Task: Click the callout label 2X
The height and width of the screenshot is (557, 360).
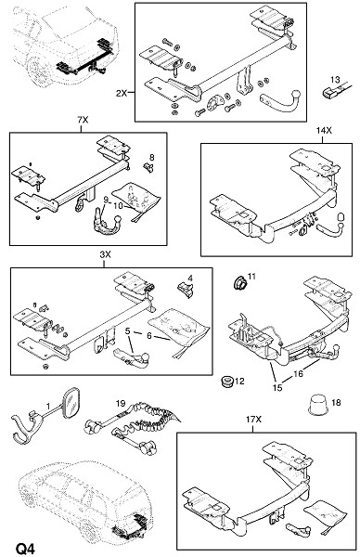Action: click(121, 94)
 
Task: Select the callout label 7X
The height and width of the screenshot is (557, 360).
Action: click(83, 120)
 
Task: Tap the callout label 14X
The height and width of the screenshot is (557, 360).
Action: click(324, 131)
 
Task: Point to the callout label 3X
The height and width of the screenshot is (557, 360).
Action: click(105, 254)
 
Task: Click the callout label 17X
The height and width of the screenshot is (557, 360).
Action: click(253, 420)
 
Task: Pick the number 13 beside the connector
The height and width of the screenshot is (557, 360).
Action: click(335, 80)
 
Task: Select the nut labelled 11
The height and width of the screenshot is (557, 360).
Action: click(239, 282)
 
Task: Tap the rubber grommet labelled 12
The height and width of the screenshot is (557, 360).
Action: click(225, 382)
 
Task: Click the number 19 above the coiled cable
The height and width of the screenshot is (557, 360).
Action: click(121, 403)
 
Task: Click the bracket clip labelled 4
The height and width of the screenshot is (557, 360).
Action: click(186, 289)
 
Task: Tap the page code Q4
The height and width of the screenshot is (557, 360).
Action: click(25, 549)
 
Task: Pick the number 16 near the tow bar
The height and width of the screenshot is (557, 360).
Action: click(298, 373)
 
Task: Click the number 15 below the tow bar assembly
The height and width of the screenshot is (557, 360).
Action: click(277, 387)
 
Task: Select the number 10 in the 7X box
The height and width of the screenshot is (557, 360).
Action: click(118, 205)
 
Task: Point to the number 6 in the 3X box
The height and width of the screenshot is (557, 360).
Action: click(149, 335)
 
